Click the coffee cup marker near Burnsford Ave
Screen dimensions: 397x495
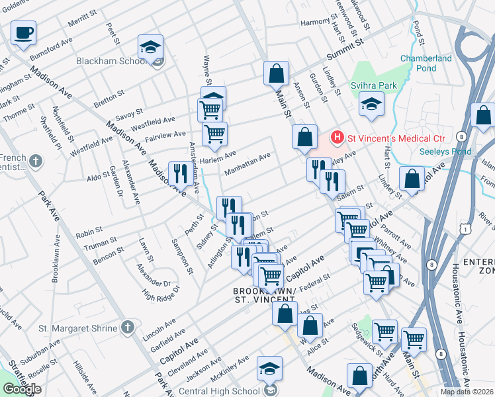click(24, 32)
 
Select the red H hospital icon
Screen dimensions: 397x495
click(337, 138)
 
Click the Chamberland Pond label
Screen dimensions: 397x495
click(426, 64)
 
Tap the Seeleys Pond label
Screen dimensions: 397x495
click(445, 152)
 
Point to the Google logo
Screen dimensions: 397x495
click(22, 389)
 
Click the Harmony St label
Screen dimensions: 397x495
click(315, 22)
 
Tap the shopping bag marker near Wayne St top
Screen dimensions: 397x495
click(277, 73)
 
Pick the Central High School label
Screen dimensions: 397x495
click(220, 391)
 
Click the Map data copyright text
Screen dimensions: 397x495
click(467, 392)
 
